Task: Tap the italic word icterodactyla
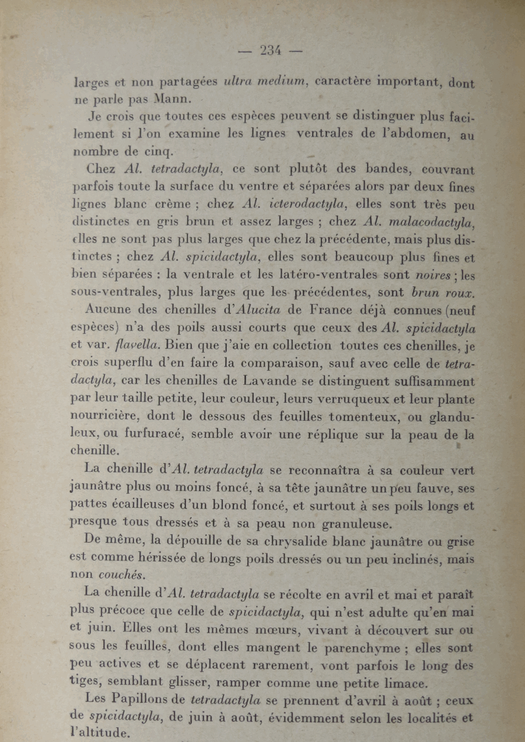click(302, 204)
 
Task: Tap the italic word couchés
click(124, 574)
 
